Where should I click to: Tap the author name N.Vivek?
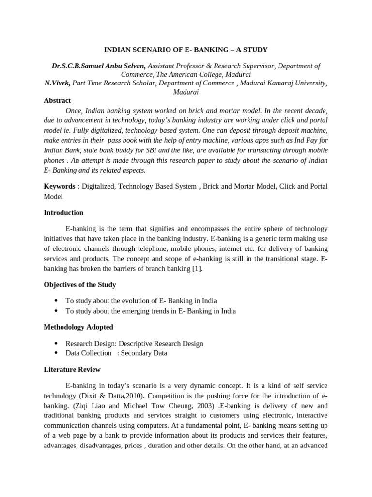pyautogui.click(x=57, y=83)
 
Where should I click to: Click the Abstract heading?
pyautogui.click(x=57, y=100)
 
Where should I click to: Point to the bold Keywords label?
pyautogui.click(x=60, y=186)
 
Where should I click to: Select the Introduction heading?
pyautogui.click(x=63, y=212)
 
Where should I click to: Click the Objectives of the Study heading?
pyautogui.click(x=80, y=284)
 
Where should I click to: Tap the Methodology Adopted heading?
pyautogui.click(x=78, y=327)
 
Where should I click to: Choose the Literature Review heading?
pyautogui.click(x=72, y=369)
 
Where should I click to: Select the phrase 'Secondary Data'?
pyautogui.click(x=144, y=353)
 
